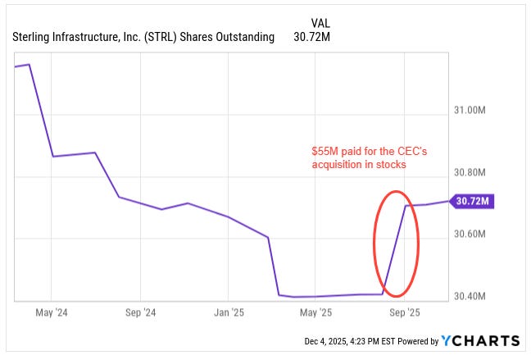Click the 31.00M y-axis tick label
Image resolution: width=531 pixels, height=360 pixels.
[x=472, y=110]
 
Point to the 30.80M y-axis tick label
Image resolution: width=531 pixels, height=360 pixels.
[x=472, y=172]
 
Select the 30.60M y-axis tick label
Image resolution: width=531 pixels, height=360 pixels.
[x=472, y=234]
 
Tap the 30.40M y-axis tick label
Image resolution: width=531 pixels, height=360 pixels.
[x=472, y=296]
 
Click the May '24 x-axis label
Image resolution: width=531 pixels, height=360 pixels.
[x=51, y=312]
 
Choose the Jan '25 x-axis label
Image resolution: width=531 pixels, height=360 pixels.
[x=229, y=312]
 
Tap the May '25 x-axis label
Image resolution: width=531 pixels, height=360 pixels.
[x=315, y=312]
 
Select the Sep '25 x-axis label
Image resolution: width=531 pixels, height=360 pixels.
[x=404, y=312]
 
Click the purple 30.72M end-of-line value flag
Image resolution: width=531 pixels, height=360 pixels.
[x=473, y=201]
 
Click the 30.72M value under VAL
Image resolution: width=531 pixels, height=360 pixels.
[x=315, y=37]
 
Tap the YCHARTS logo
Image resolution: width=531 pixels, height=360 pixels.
[x=480, y=340]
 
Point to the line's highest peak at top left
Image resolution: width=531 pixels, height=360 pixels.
[x=29, y=64]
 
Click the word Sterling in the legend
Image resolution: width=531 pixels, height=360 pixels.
[x=33, y=37]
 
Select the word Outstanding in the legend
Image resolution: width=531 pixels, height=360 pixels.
[x=239, y=37]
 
